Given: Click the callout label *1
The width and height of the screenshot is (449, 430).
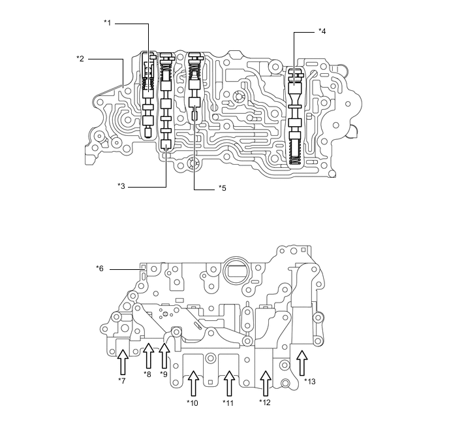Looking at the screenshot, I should pos(108,23).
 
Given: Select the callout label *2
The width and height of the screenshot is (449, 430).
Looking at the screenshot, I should pos(80,59).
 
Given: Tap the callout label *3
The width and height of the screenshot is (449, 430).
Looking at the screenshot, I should pos(121,186).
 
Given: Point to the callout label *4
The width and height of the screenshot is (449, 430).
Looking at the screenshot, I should pos(322,31).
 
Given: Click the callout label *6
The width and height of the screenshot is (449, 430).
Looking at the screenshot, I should pos(100,268).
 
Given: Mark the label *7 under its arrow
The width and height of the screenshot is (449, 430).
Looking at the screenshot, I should pos(121,380).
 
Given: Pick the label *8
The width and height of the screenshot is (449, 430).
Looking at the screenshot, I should pos(147,374).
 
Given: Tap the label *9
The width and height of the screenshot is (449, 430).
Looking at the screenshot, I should pos(164,374).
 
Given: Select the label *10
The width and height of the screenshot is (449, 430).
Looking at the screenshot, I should pos(193,402).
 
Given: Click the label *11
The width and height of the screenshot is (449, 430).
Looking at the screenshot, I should pos(228,402).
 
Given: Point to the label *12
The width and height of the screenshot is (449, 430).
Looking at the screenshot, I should pos(264,402).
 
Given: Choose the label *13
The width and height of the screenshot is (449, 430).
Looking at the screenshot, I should pos(309,380).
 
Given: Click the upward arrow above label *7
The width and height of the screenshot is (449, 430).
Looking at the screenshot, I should pos(121,361).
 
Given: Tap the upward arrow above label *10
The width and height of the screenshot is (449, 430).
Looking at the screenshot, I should pos(193,383).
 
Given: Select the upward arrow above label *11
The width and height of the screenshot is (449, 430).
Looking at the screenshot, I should pos(228,383).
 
